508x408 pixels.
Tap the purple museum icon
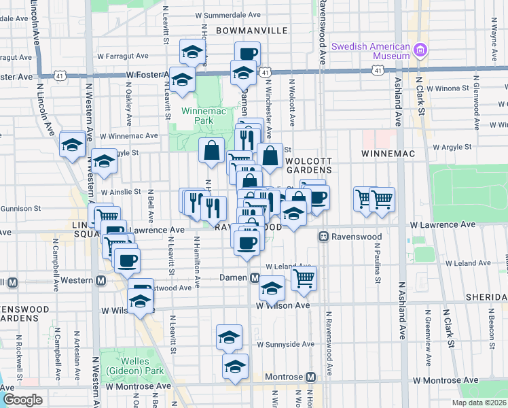click(x=421, y=50)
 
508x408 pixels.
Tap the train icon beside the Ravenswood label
click(x=325, y=237)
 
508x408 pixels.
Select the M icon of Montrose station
click(x=311, y=377)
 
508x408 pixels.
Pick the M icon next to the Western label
click(x=101, y=280)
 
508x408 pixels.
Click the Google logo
click(x=22, y=400)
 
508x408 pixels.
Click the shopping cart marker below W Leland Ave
click(x=304, y=277)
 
